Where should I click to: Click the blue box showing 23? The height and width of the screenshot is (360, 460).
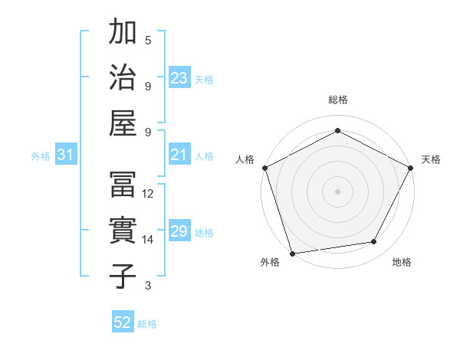pos(179,77)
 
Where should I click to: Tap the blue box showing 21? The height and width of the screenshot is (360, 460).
pos(179,155)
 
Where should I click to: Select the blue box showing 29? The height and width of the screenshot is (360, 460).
pos(179,231)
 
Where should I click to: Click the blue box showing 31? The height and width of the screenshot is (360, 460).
pos(66,155)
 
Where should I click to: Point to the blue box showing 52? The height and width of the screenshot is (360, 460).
pos(123,322)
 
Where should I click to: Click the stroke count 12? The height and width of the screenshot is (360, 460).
pos(149,194)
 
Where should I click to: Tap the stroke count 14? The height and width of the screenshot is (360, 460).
pos(149,240)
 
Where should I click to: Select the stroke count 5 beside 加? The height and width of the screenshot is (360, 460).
pos(148,40)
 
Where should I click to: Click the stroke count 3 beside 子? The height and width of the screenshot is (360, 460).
pos(148,286)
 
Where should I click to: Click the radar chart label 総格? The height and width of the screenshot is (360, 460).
pos(338,100)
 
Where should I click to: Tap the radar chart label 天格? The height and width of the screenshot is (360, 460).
pos(431,159)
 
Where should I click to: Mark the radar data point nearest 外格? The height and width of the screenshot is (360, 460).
pos(292,254)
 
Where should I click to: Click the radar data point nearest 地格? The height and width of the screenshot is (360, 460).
pos(374,242)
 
